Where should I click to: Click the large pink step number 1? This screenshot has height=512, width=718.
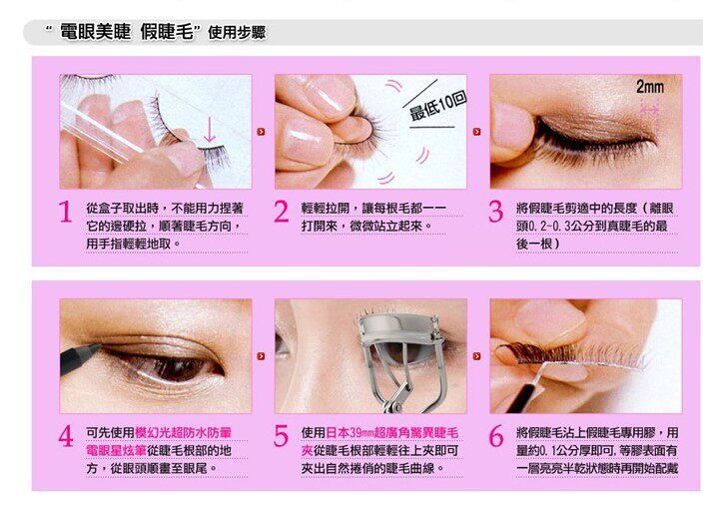pos(66,212)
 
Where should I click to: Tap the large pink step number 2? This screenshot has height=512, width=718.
pos(282,212)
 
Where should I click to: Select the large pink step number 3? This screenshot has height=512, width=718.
pos(496,212)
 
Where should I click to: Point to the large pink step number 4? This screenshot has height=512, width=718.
pos(66,435)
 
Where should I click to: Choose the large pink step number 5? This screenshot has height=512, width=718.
pos(281,435)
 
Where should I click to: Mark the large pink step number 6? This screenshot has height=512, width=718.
pos(496,435)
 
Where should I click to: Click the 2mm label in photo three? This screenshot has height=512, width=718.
pos(649,87)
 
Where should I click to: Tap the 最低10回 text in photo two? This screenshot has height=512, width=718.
pos(437,106)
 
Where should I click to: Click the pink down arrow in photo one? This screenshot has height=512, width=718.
pos(210,129)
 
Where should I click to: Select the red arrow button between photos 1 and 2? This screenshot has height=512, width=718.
pos(261,132)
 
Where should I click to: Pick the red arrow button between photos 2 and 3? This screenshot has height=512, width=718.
pos(476,132)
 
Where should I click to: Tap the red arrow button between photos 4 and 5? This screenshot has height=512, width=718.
pos(261,356)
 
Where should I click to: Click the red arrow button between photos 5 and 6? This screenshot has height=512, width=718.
pos(476,356)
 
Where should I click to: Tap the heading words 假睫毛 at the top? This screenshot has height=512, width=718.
pos(168,32)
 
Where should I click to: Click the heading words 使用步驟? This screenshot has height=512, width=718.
pos(237,33)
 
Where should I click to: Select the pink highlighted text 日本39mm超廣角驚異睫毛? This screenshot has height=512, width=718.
pos(392,433)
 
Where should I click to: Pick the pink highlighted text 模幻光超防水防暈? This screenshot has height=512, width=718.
pos(183,433)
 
